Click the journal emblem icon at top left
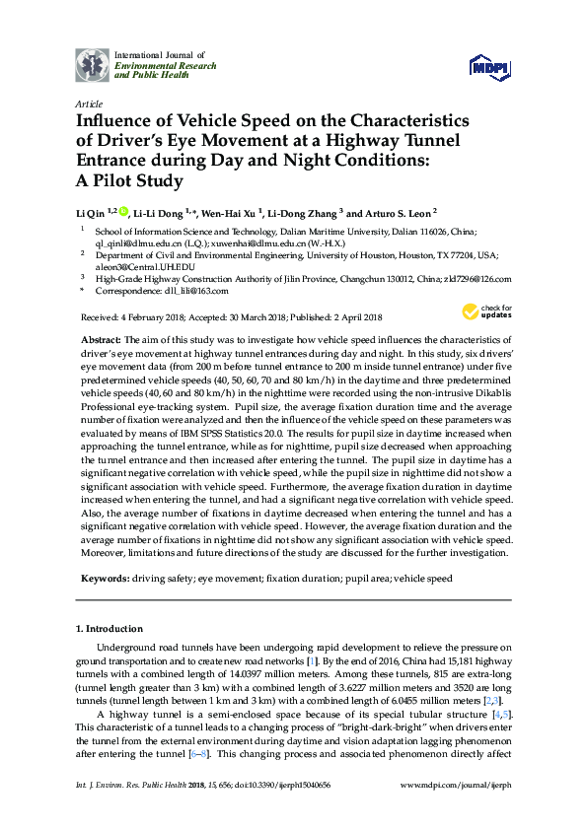coord(93,64)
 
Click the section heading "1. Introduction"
coord(110,629)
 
